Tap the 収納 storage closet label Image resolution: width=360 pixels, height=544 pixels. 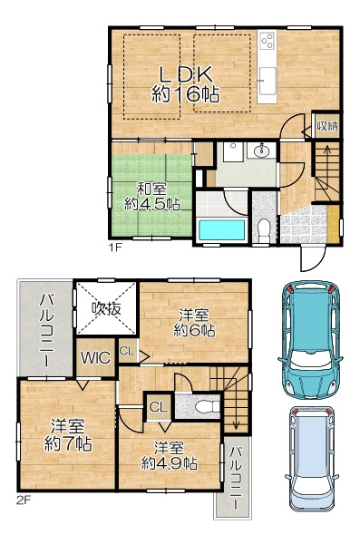[327, 126]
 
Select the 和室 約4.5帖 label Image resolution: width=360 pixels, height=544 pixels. [152, 197]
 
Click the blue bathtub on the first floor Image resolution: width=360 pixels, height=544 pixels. [221, 230]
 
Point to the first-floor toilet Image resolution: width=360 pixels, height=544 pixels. [264, 229]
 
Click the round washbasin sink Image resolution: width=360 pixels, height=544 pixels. [261, 151]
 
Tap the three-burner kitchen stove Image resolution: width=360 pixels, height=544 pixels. [268, 41]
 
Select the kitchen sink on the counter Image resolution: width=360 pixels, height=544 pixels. [268, 81]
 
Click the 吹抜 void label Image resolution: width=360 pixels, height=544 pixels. [106, 308]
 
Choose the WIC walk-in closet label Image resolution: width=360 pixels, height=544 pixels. [95, 358]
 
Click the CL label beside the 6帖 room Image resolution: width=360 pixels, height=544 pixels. [127, 351]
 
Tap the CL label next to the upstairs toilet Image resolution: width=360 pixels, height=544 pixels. [159, 406]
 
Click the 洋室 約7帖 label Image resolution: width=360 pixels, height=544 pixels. [68, 435]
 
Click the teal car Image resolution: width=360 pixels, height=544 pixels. [310, 340]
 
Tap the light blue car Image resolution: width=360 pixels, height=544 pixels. [311, 459]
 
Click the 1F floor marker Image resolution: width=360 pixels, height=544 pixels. [115, 248]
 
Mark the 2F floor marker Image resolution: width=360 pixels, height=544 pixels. [24, 500]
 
